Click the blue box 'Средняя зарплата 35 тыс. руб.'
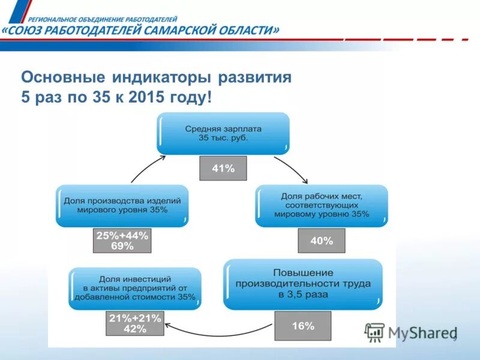tap(223, 133)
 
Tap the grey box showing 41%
tap(223, 169)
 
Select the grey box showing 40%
tap(321, 241)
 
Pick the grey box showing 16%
tap(303, 326)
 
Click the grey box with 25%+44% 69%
tap(122, 241)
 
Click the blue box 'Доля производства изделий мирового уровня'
tap(122, 205)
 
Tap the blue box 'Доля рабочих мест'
tap(322, 205)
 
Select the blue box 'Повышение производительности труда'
tap(303, 284)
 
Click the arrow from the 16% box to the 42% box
tap(219, 331)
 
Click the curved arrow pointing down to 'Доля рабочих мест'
tap(293, 169)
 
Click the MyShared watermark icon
tap(375, 332)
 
